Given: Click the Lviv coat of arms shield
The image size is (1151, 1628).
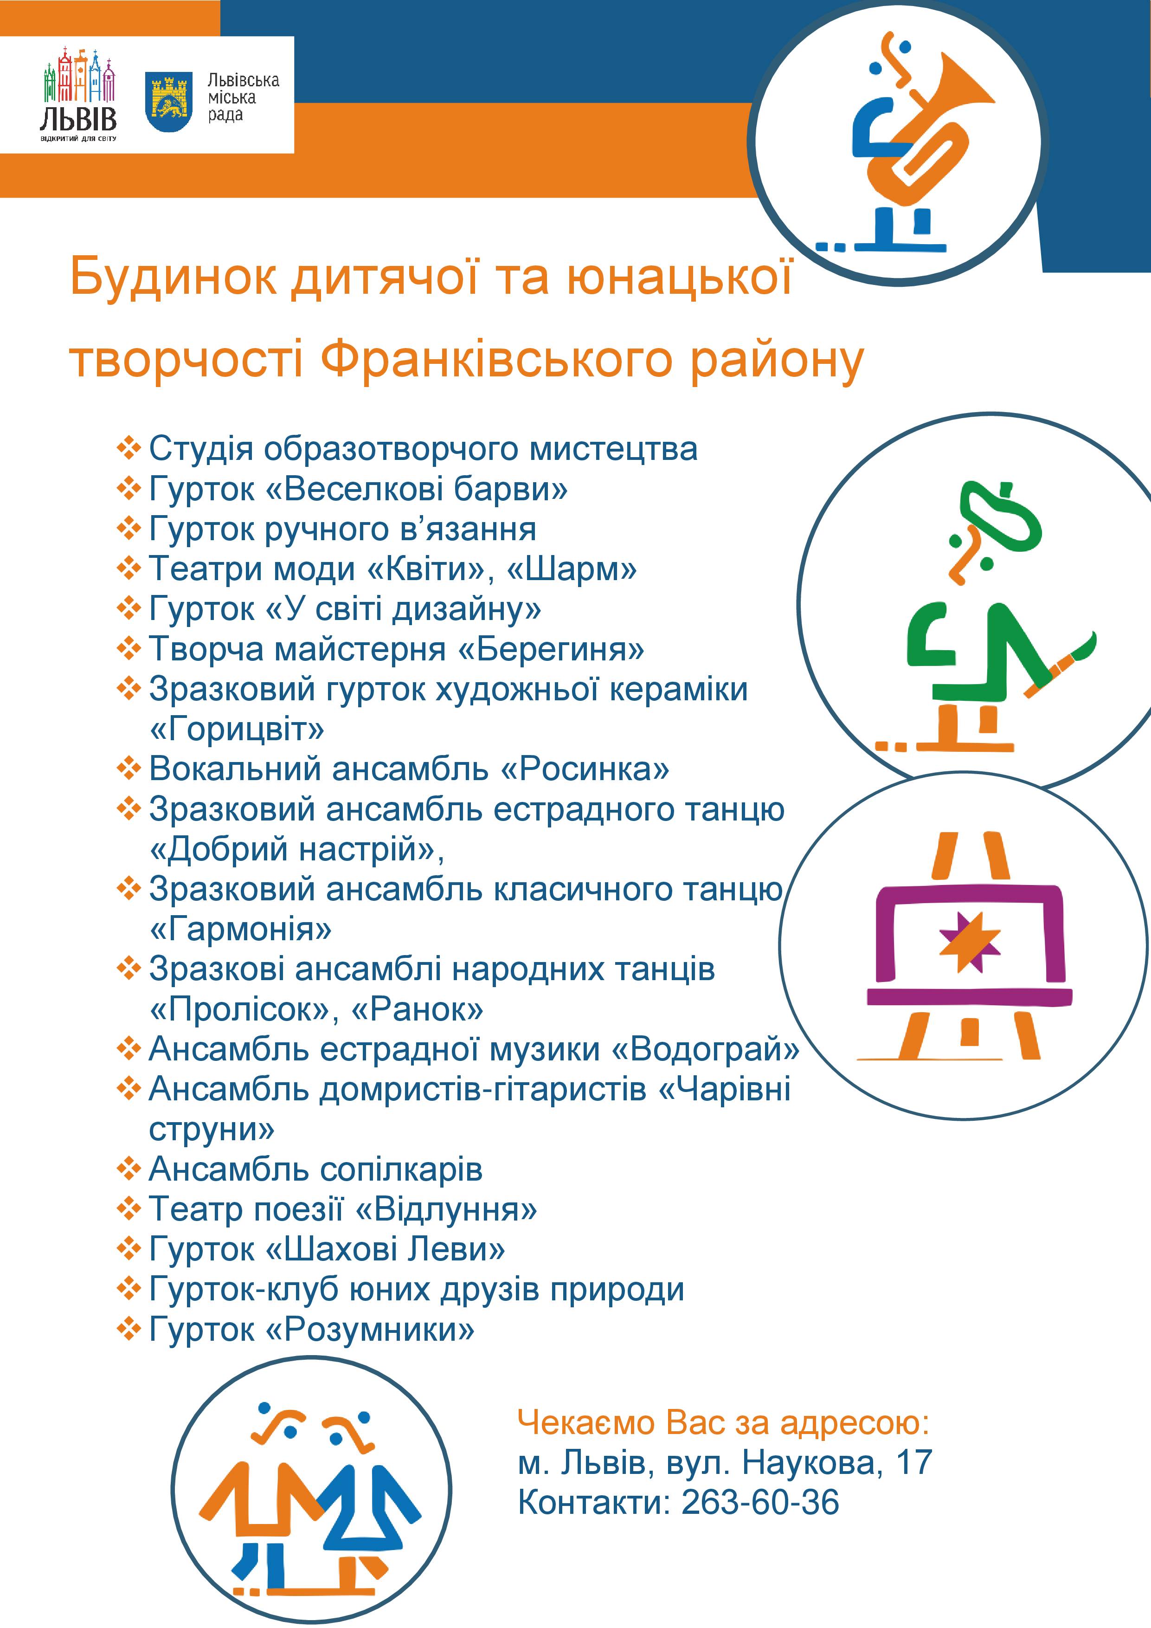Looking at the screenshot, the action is (169, 101).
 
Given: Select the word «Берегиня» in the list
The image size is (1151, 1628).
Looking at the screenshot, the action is (552, 649).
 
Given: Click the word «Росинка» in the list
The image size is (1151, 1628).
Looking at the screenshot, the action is (585, 769).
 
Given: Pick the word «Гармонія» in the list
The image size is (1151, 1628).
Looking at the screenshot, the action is (240, 930).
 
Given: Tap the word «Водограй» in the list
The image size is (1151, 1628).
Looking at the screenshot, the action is (705, 1049).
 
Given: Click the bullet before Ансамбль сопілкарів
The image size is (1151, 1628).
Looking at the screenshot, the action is (129, 1169).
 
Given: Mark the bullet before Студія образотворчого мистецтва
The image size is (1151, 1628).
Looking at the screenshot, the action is (129, 448).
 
